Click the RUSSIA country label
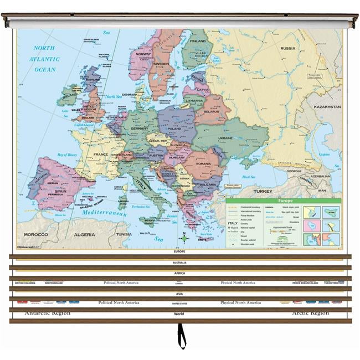(x=287, y=48)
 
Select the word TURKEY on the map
(x=263, y=191)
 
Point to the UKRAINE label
(x=225, y=138)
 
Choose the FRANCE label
(x=100, y=155)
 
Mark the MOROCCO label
(x=35, y=234)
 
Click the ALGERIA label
(x=85, y=234)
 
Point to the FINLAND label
(x=198, y=41)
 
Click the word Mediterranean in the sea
(x=105, y=213)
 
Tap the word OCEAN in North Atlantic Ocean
(x=45, y=70)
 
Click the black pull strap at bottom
(x=181, y=336)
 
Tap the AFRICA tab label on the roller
(x=180, y=273)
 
